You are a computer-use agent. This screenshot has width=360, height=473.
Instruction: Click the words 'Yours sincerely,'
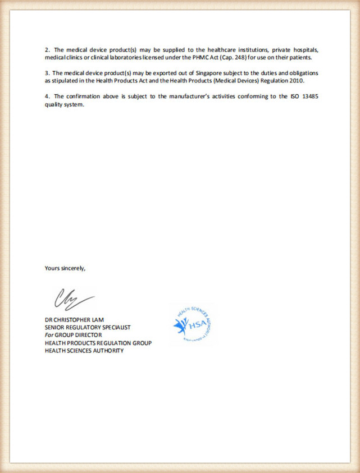[65, 268]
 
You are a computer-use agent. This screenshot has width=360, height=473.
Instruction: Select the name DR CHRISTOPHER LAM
[75, 320]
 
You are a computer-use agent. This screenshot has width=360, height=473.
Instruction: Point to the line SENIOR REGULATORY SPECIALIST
[88, 327]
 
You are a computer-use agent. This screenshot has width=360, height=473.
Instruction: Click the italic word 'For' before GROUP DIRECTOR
[49, 335]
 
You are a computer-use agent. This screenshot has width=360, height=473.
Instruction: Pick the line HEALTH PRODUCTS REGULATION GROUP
[98, 343]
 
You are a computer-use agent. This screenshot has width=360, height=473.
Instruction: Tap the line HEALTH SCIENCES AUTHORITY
[84, 351]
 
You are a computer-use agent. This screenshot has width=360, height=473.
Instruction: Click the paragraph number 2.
[47, 49]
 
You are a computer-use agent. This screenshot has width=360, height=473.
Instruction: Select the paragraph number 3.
[47, 73]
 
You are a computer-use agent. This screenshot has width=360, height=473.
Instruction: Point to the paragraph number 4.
[47, 97]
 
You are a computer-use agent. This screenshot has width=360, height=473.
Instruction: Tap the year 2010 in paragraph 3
[295, 80]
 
